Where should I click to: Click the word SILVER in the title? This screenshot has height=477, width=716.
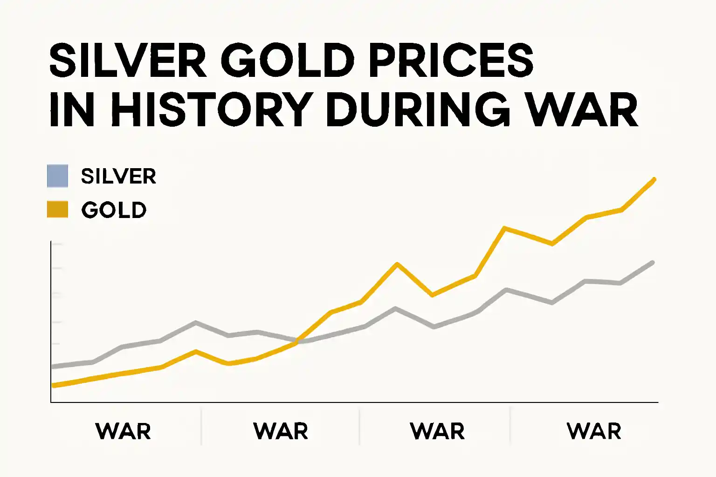click(x=128, y=61)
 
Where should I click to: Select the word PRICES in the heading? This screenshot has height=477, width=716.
click(x=451, y=61)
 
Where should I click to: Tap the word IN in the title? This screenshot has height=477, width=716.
click(x=72, y=110)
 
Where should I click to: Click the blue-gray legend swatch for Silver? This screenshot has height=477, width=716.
click(x=57, y=176)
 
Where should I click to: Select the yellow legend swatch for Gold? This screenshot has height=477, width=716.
click(x=57, y=210)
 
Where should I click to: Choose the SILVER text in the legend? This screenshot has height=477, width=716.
click(x=118, y=177)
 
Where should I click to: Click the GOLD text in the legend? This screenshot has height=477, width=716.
click(x=114, y=210)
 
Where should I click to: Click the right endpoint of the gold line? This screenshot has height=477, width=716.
click(x=654, y=179)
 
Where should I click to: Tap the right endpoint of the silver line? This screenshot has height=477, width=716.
click(x=653, y=263)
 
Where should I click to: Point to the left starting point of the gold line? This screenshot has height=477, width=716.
click(x=54, y=385)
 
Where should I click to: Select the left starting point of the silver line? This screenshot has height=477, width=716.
click(x=54, y=367)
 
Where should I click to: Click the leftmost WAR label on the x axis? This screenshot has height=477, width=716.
click(x=123, y=431)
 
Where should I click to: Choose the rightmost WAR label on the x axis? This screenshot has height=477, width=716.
click(x=594, y=431)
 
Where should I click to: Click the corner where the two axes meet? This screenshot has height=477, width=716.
click(x=51, y=402)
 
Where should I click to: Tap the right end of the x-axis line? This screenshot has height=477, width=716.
click(x=657, y=402)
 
